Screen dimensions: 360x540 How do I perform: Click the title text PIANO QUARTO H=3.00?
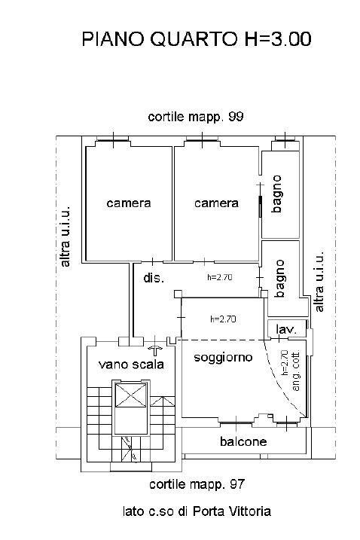[197, 39]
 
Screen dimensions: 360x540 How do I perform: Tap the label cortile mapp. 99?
[196, 117]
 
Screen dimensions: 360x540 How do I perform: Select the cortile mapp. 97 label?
[197, 484]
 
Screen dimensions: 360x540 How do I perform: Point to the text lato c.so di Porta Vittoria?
[197, 511]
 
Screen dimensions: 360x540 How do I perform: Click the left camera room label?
[129, 203]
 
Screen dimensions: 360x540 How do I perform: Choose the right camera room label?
[216, 203]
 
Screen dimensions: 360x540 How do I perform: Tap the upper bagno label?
[276, 194]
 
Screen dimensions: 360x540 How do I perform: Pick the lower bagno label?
[279, 279]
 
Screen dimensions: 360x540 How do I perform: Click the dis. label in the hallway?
[154, 278]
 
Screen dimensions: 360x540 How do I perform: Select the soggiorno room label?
[223, 358]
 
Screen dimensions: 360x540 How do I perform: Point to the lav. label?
[286, 330]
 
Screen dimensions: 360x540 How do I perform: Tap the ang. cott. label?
[295, 371]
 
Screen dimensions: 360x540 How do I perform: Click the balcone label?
[243, 441]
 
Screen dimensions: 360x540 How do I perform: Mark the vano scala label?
[131, 365]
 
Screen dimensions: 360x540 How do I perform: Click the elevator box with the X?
[130, 395]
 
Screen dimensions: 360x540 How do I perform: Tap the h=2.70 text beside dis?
[220, 277]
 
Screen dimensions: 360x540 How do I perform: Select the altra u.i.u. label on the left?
[65, 236]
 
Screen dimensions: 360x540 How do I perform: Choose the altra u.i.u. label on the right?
[319, 282]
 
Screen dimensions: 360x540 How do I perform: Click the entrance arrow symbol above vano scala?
[155, 351]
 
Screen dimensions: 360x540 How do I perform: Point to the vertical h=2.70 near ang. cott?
[285, 363]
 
